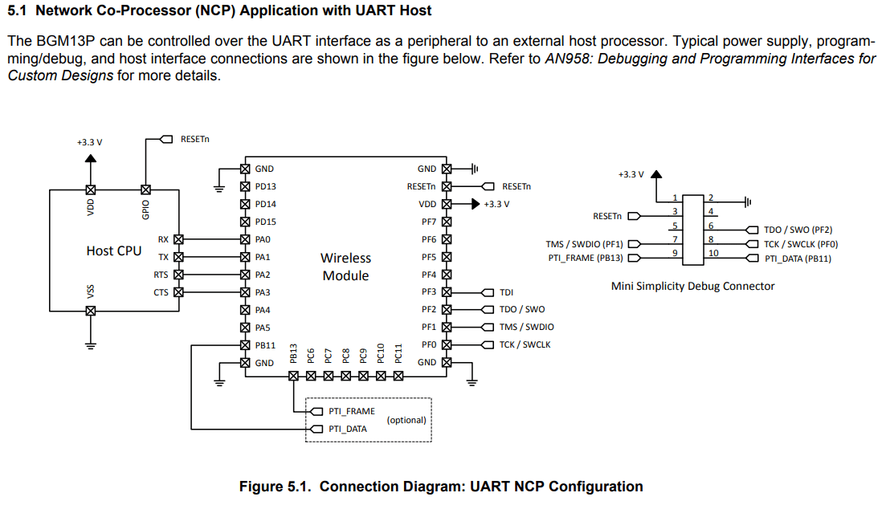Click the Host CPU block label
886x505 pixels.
click(113, 250)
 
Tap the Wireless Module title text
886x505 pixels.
click(345, 267)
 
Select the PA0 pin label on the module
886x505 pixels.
click(263, 239)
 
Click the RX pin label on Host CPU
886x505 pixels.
click(163, 239)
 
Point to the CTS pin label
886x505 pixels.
click(161, 292)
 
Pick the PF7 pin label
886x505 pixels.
click(429, 222)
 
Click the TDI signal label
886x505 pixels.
click(506, 293)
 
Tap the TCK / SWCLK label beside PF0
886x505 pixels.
click(525, 345)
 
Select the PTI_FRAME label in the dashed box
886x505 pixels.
click(351, 411)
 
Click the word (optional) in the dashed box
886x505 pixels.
click(406, 420)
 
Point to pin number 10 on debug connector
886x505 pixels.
click(713, 253)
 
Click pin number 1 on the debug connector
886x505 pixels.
click(676, 197)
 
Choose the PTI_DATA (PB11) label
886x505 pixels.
click(798, 259)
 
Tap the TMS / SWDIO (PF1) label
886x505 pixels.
click(584, 244)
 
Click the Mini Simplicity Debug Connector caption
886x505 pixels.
click(692, 286)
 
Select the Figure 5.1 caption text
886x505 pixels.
click(441, 487)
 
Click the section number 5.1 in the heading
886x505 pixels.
click(18, 10)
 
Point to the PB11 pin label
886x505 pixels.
click(265, 345)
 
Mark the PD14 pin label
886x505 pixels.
click(265, 204)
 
